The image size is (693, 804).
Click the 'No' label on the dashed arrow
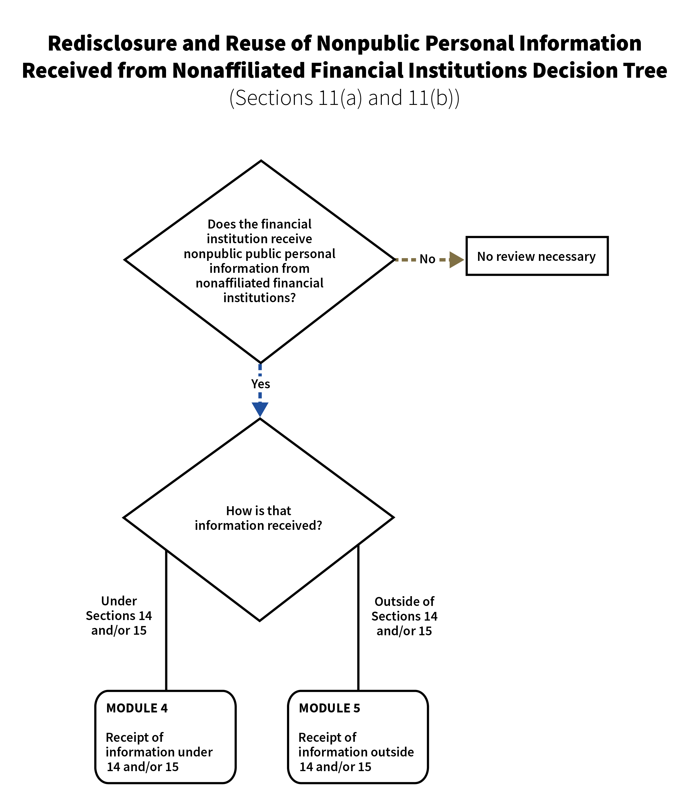point(427,259)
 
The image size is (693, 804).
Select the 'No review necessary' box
point(537,256)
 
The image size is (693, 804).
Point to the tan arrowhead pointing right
point(456,259)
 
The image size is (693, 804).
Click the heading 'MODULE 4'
point(137,708)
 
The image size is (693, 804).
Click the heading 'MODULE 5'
point(329,708)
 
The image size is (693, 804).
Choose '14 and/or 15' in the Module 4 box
point(142,767)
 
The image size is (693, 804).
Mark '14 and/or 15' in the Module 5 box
point(335,767)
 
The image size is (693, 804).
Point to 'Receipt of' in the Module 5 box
point(327,737)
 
